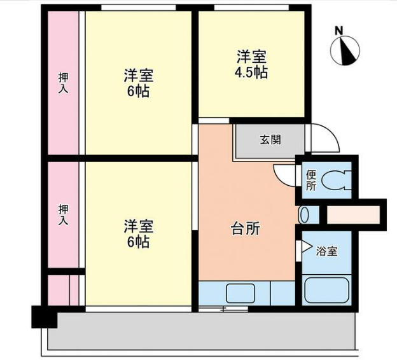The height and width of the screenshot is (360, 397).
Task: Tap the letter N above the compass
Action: click(x=339, y=30)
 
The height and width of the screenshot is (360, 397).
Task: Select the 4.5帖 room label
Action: click(x=251, y=72)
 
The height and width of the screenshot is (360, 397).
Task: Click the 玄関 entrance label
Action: click(x=270, y=141)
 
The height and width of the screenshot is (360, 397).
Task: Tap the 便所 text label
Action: click(x=310, y=181)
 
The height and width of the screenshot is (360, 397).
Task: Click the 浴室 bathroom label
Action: click(x=327, y=251)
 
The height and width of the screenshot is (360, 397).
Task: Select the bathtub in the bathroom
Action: click(x=327, y=290)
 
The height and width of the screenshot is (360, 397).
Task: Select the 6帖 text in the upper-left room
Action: click(x=138, y=91)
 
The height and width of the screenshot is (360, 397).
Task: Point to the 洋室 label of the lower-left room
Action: click(x=138, y=226)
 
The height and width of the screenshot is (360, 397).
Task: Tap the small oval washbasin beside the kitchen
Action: click(x=305, y=214)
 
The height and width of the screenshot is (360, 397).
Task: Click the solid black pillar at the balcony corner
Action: click(x=44, y=317)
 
